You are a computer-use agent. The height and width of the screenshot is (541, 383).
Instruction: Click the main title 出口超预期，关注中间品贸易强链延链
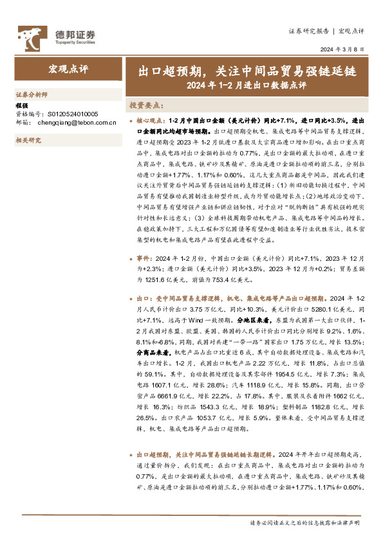pos(244,69)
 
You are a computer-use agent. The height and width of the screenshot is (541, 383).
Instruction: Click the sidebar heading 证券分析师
pos(31,94)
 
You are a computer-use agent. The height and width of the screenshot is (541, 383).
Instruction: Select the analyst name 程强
pos(22,105)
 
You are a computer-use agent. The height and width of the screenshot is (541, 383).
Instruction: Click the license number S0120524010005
pos(69,112)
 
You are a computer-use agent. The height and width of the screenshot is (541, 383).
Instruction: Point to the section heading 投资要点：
pos(146,104)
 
